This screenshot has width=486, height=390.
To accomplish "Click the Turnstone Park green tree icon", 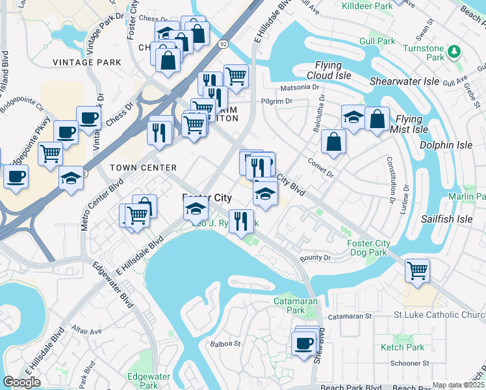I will pos(455,51).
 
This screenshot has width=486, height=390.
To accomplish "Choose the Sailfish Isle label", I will pos(446,219).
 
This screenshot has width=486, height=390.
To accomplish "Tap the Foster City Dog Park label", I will pos(368,248).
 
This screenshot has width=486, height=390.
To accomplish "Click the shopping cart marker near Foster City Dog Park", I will pos(417,269).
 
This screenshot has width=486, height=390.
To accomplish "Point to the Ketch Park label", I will pos(402,348).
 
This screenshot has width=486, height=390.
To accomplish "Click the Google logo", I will pos(21,382).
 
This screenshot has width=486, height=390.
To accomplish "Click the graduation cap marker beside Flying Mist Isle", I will pos(353,118).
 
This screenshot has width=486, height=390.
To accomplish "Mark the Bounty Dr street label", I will pos(315,258).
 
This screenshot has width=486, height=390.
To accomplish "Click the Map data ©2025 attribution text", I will pos(458,385).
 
